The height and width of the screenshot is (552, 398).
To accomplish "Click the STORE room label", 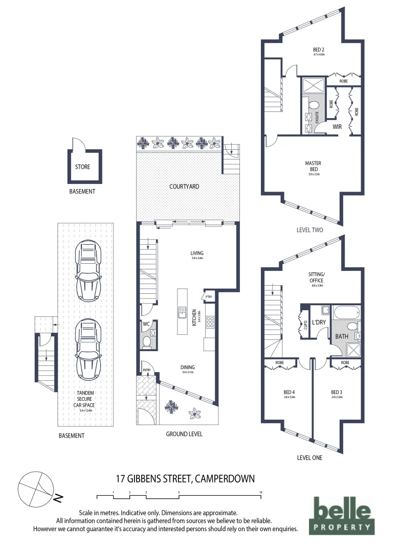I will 82,166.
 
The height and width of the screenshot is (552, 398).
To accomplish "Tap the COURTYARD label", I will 184,187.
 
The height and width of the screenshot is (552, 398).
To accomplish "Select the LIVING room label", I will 196,253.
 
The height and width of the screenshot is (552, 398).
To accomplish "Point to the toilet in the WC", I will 147,341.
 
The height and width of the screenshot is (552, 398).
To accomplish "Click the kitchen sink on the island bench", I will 182,311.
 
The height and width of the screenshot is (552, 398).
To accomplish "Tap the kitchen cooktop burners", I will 210,322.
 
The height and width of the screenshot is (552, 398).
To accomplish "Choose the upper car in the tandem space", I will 87,270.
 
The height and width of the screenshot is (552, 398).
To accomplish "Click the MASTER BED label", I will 314,166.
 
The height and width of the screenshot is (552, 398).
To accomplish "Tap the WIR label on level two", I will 337,126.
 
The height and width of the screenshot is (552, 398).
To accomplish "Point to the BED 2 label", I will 319,50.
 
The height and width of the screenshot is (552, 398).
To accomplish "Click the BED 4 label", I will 289,393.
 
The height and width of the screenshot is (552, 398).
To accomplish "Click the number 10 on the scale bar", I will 261,492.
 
